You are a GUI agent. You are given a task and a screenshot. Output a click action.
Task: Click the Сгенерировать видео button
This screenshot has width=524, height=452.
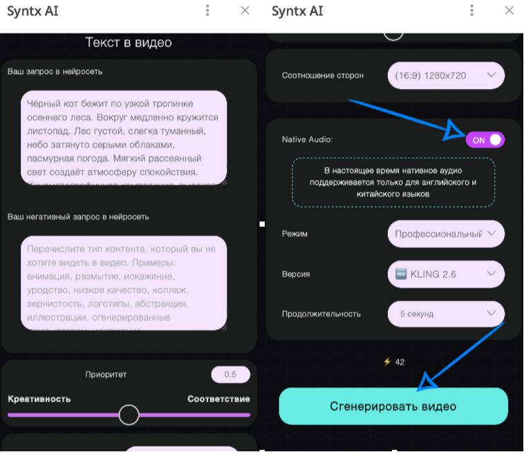393,406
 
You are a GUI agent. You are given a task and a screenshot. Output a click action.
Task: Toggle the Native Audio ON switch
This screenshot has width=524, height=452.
485,140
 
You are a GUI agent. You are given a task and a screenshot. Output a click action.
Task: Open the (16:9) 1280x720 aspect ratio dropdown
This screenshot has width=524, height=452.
446,75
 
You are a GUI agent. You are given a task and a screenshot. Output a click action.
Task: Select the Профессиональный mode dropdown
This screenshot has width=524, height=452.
446,234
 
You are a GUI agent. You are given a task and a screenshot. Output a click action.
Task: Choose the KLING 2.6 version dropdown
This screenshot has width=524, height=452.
446,274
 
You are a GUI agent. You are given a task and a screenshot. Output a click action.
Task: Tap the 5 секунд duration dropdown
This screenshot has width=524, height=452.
446,314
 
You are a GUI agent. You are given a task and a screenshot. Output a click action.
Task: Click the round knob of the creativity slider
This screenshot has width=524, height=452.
129,415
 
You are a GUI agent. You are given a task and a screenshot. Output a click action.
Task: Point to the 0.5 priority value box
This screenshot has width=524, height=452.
230,375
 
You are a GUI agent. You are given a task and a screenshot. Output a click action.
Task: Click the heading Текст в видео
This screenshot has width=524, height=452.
129,43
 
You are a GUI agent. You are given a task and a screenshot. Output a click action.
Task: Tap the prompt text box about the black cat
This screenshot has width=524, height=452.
124,138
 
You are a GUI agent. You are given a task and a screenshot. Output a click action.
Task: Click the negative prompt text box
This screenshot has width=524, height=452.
124,283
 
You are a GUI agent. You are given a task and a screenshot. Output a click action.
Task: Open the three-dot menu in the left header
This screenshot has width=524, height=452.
207,10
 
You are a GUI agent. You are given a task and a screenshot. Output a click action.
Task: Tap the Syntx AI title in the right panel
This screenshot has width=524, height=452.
297,11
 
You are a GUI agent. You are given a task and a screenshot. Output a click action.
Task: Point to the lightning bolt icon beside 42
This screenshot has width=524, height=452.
387,361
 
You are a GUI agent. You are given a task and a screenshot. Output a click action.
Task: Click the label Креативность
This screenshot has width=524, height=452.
39,399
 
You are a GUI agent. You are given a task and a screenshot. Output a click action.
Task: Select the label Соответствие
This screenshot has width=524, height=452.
218,399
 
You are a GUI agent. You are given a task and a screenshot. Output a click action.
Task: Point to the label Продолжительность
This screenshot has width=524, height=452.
321,314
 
